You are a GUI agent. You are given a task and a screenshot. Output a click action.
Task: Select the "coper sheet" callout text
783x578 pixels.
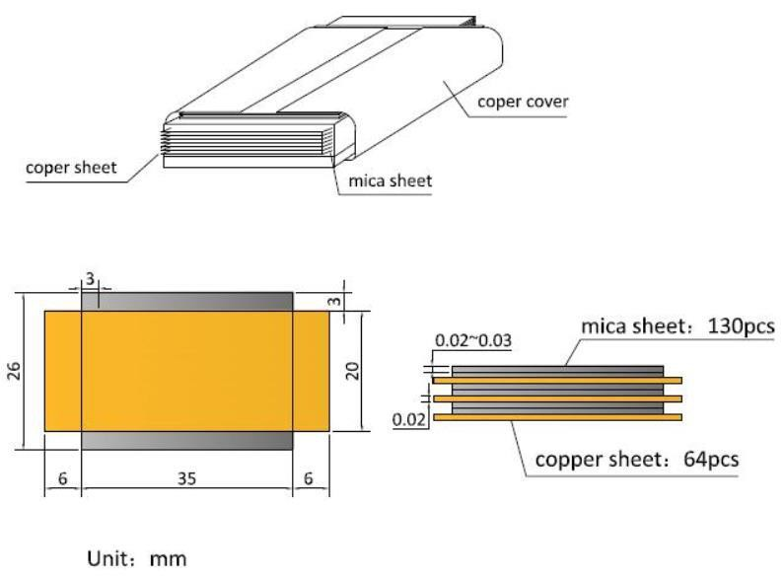click(x=71, y=168)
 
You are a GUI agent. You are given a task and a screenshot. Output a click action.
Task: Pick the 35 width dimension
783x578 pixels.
click(x=186, y=477)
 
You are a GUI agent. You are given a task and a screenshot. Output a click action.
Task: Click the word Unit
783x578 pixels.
click(x=108, y=558)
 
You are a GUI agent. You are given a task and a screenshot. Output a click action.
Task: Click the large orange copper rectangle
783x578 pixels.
click(x=186, y=370)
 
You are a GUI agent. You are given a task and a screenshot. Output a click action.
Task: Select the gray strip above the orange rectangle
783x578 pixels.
click(x=186, y=301)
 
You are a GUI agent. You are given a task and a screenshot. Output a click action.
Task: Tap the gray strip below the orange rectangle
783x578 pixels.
click(x=186, y=440)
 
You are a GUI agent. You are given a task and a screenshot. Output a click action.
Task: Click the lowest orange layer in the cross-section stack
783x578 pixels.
click(x=557, y=417)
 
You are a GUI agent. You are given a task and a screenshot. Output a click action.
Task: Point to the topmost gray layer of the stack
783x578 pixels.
click(x=557, y=370)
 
